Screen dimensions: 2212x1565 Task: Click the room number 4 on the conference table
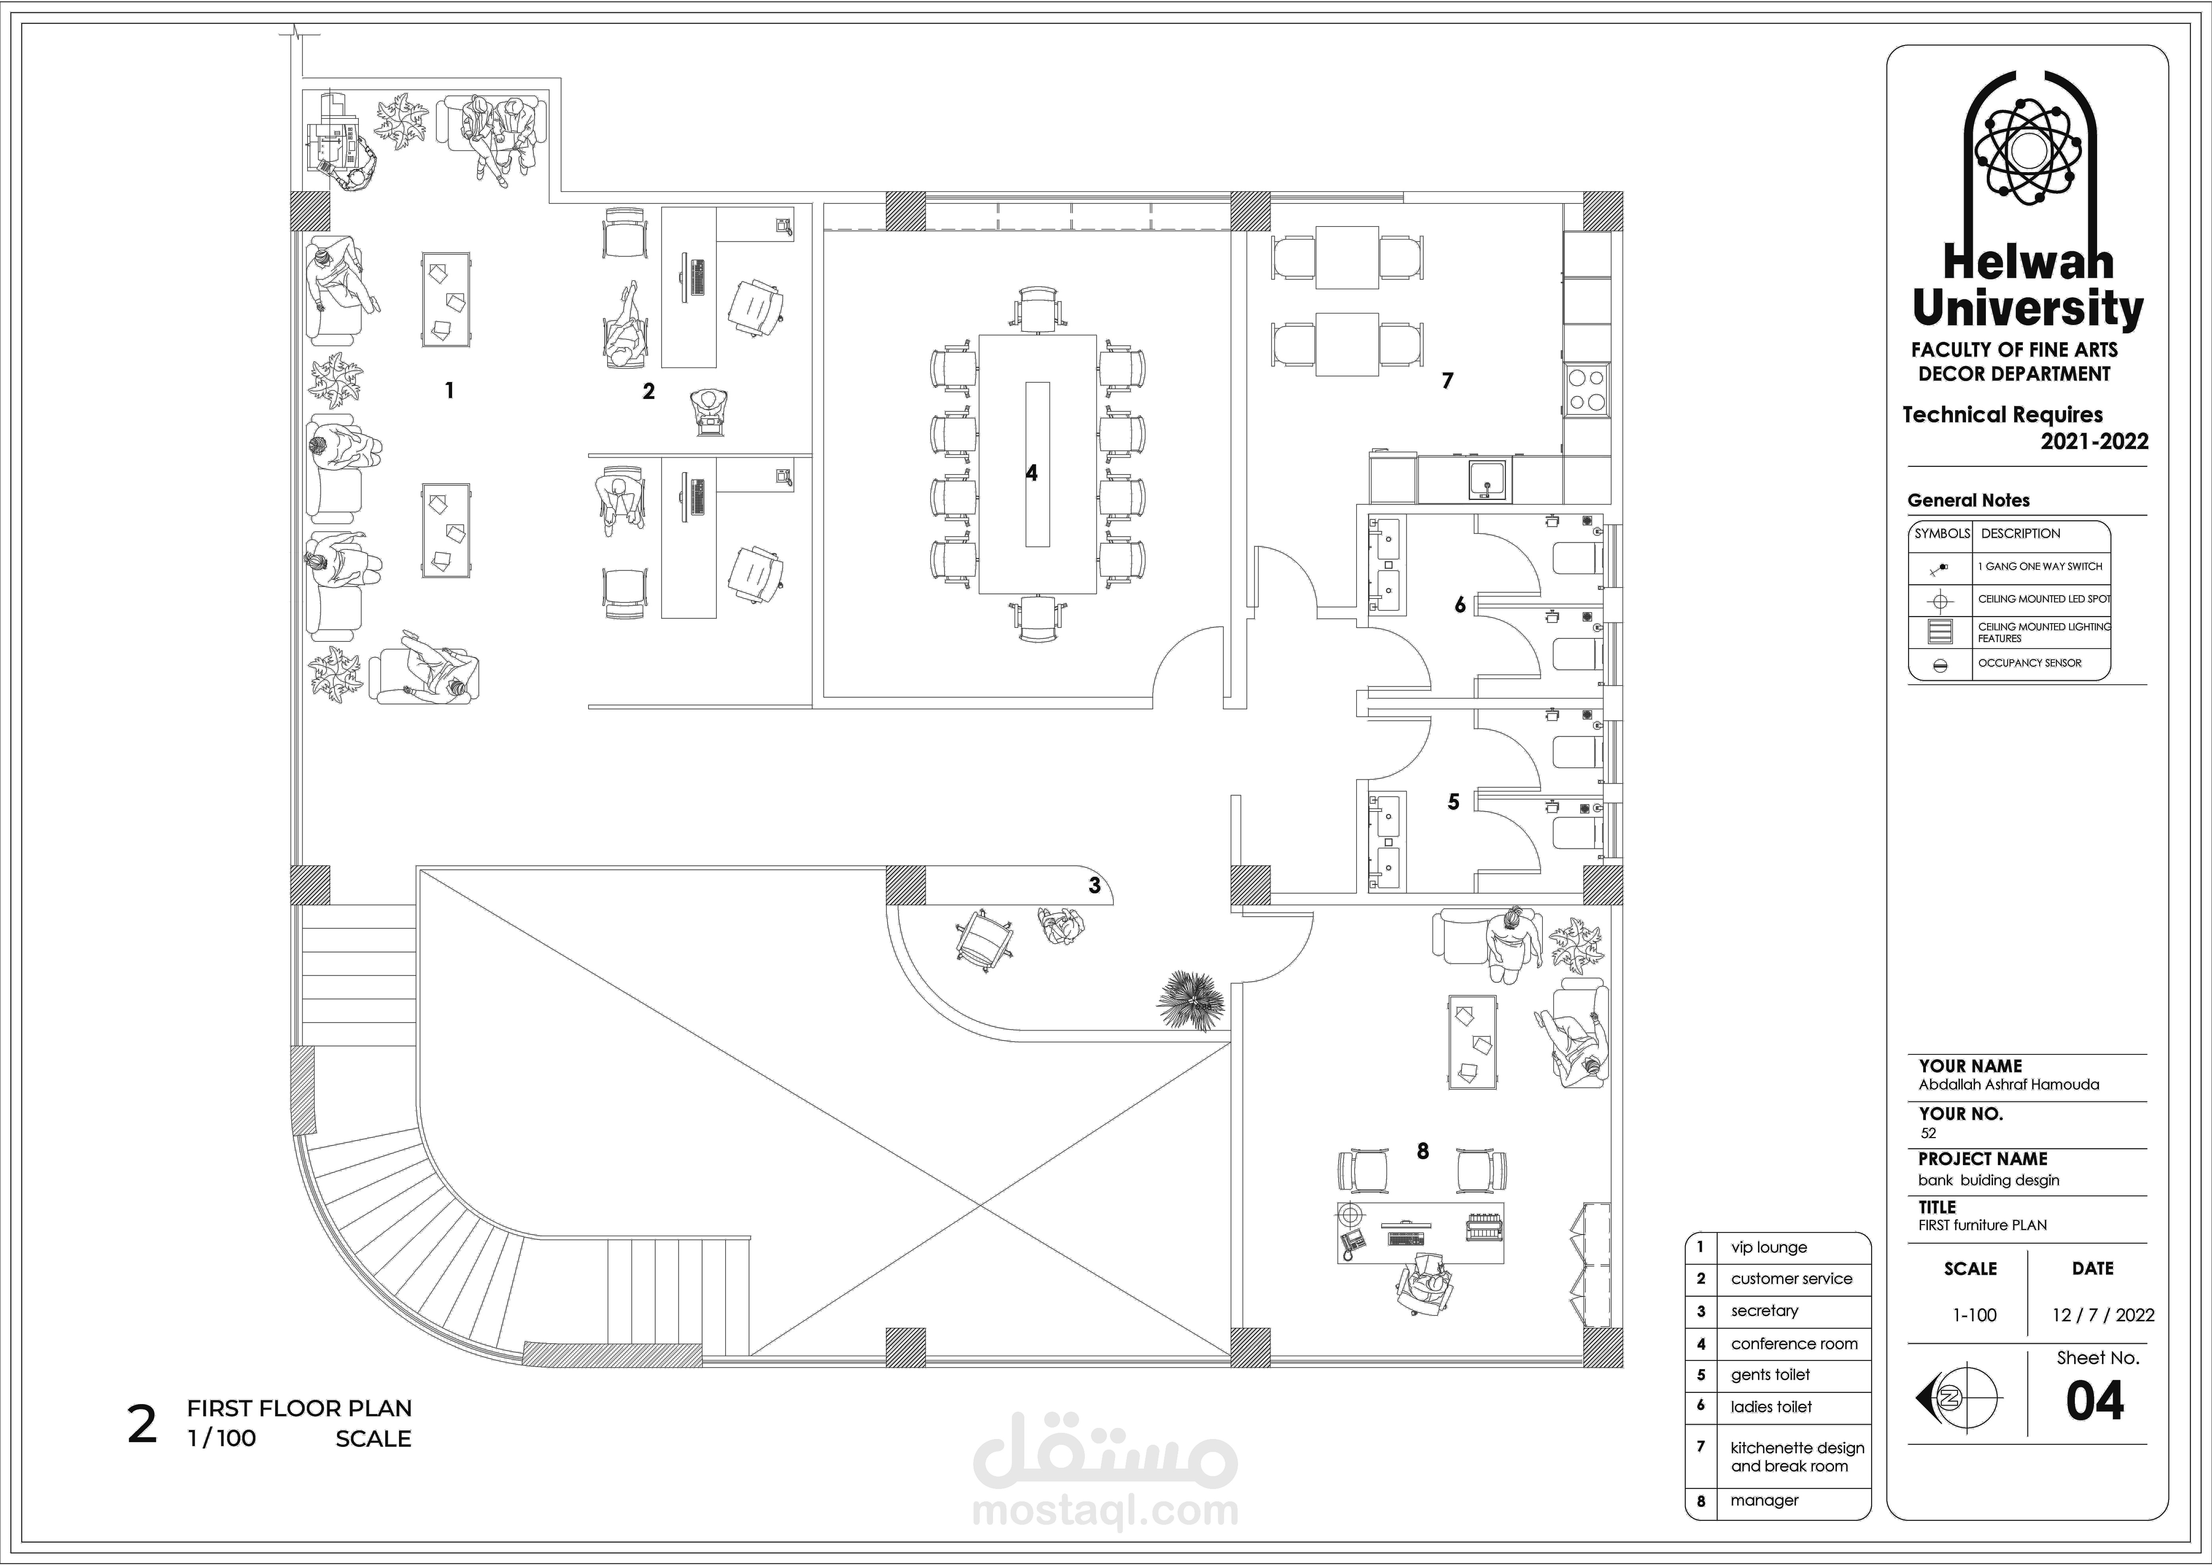coord(1032,473)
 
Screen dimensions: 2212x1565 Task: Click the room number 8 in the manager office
coord(1423,1151)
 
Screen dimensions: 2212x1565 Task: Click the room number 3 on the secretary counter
coord(1094,885)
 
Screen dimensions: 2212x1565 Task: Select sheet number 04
coord(2094,1401)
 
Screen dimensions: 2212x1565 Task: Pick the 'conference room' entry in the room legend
coord(1794,1343)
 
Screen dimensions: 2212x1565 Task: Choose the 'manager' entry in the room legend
coord(1764,1501)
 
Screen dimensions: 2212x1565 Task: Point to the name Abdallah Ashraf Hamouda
coord(2009,1084)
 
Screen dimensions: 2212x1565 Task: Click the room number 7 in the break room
coord(1447,381)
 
